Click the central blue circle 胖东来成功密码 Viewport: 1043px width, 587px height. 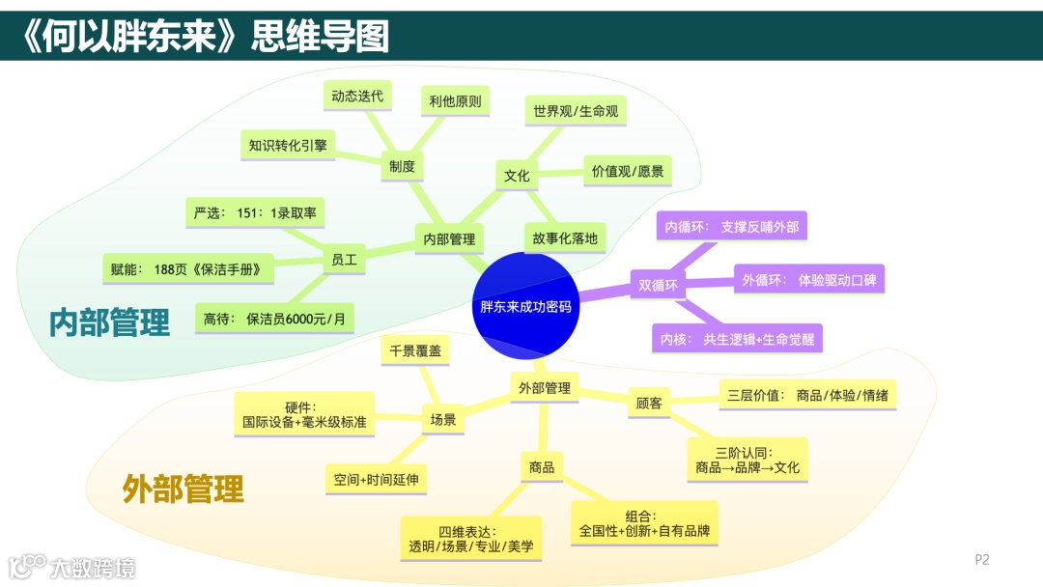coord(525,306)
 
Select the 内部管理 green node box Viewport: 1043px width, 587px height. coord(449,238)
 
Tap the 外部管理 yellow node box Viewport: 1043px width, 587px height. coord(544,387)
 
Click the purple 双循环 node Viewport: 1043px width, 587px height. coord(659,285)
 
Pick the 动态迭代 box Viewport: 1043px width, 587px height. coord(357,96)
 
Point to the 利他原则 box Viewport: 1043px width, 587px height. coord(455,100)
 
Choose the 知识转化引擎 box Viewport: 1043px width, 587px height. coord(288,145)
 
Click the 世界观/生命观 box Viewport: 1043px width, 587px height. coord(576,110)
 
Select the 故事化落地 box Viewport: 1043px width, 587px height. coord(565,238)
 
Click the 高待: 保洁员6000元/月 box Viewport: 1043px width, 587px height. coord(274,317)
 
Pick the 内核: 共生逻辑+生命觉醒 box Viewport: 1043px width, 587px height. coord(737,339)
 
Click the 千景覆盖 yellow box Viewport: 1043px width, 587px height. coord(415,351)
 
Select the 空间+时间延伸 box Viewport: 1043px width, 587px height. coord(376,479)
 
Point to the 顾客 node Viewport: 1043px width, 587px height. coord(649,403)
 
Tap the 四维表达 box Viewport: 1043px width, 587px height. coord(471,539)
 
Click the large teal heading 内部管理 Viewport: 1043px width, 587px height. coord(109,322)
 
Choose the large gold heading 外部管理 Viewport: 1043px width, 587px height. coord(183,489)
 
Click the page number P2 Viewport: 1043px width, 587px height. coord(982,559)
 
